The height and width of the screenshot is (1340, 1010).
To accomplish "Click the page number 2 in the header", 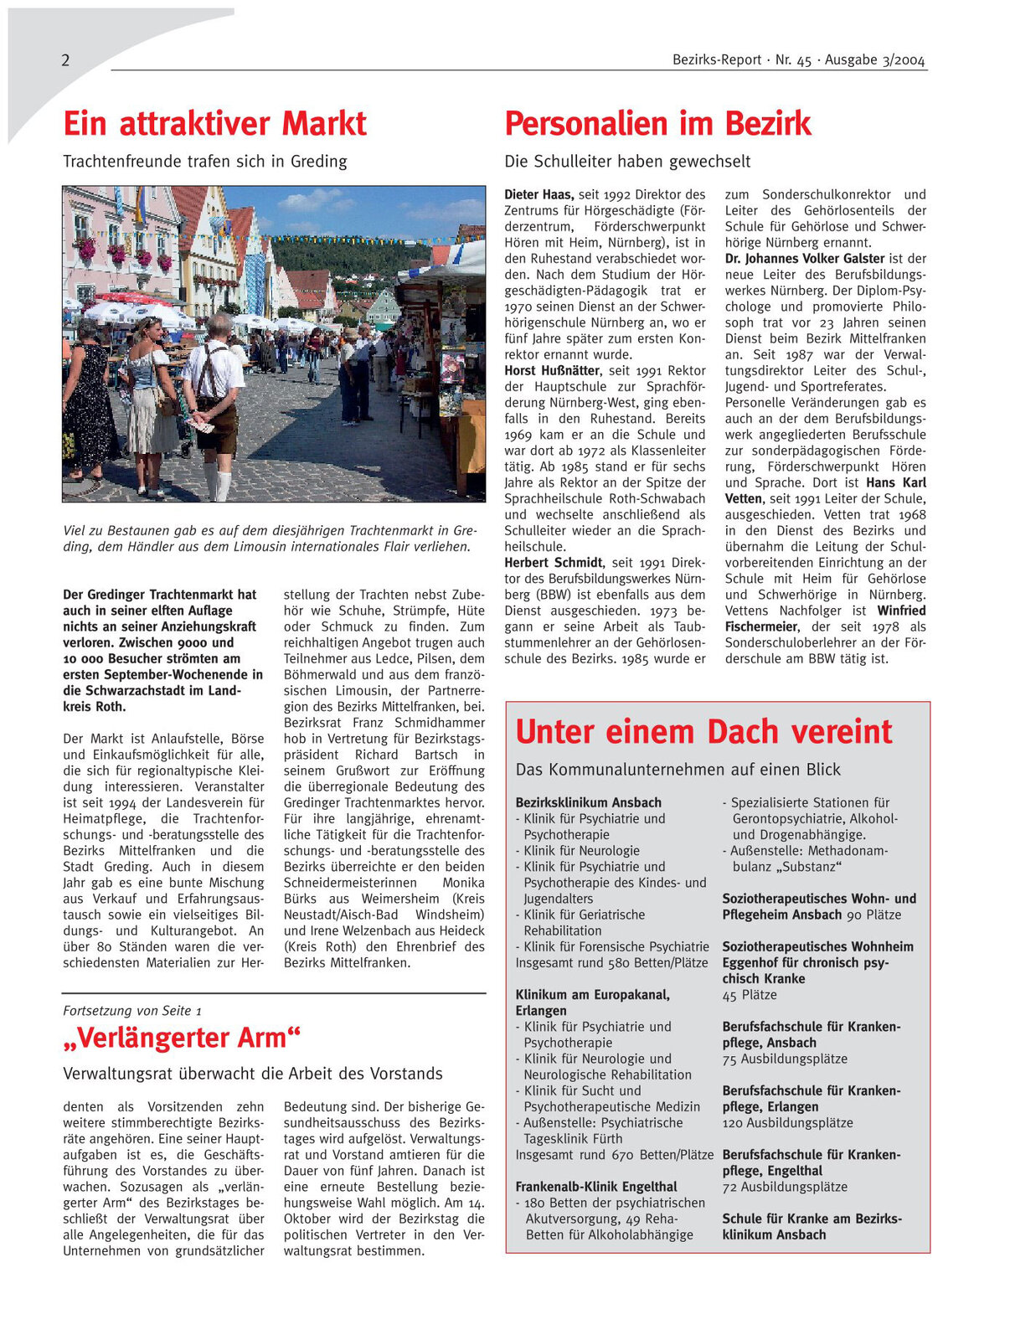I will point(65,60).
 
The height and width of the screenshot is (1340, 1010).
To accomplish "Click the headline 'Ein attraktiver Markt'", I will point(214,124).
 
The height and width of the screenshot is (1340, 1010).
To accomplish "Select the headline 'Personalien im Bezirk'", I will point(657,124).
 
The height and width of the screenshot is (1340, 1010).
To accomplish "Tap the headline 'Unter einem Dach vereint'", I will point(703,732).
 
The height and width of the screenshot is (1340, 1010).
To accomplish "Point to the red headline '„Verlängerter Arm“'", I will point(182,1038).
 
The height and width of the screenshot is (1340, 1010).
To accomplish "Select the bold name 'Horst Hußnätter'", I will point(552,370).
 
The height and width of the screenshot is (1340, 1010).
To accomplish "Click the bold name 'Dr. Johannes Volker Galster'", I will point(805,259).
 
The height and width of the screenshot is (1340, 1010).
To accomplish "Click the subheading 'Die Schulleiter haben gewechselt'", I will point(627,162).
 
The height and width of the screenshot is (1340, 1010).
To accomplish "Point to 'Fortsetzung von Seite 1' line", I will point(132,1011).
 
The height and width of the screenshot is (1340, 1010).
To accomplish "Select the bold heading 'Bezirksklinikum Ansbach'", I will point(588,802).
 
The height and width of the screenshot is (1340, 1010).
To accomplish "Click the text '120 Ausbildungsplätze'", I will point(787,1123).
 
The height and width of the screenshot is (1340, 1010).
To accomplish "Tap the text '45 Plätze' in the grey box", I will point(750,995).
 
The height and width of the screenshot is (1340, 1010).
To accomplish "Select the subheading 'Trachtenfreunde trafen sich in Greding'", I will point(205,162).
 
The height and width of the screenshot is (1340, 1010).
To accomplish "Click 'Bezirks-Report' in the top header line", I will point(717,60).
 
